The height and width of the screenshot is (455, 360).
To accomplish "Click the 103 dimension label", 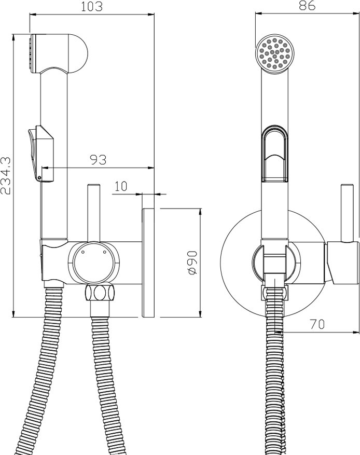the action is pyautogui.click(x=92, y=6).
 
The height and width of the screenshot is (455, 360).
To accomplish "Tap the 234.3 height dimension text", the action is pyautogui.click(x=6, y=175).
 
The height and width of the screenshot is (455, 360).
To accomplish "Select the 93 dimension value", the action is pyautogui.click(x=98, y=160).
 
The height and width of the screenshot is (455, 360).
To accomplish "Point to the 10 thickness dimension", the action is pyautogui.click(x=121, y=186).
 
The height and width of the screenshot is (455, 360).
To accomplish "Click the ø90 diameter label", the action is pyautogui.click(x=192, y=263).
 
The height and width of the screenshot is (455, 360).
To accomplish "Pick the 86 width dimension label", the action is pyautogui.click(x=307, y=5).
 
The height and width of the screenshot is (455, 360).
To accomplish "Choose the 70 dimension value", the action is pyautogui.click(x=317, y=324).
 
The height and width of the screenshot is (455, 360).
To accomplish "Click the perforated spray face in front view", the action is pyautogui.click(x=275, y=54).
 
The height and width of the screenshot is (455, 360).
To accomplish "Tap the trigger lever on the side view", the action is pyautogui.click(x=40, y=153).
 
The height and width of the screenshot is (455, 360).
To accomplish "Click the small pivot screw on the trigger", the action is pyautogui.click(x=39, y=178).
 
